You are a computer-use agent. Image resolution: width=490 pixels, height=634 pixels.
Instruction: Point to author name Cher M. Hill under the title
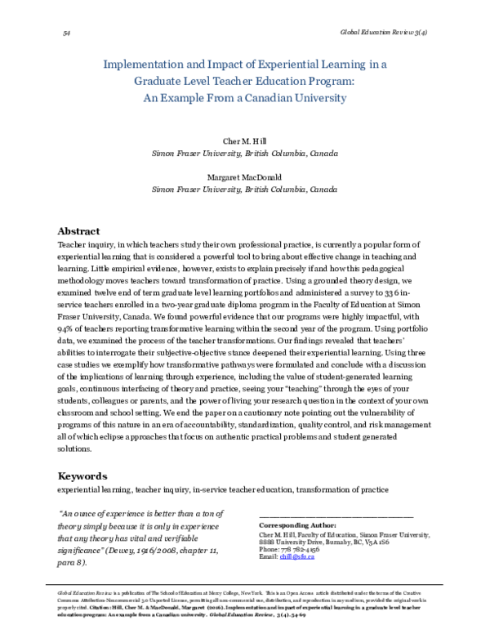pyautogui.click(x=245, y=141)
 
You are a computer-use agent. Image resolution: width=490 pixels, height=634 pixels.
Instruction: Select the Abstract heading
pyautogui.click(x=78, y=231)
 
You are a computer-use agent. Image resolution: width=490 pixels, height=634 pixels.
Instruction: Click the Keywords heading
pyautogui.click(x=82, y=475)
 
